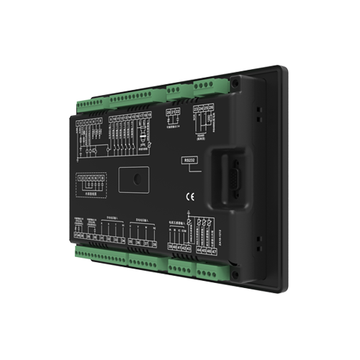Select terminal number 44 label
tap(198, 250)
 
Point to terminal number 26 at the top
tap(211, 108)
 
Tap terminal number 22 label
tap(178, 112)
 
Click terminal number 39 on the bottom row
tap(170, 248)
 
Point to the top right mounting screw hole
tap(235, 84)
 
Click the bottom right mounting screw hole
tap(235, 272)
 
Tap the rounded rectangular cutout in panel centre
tap(133, 179)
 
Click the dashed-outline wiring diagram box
tap(89, 180)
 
